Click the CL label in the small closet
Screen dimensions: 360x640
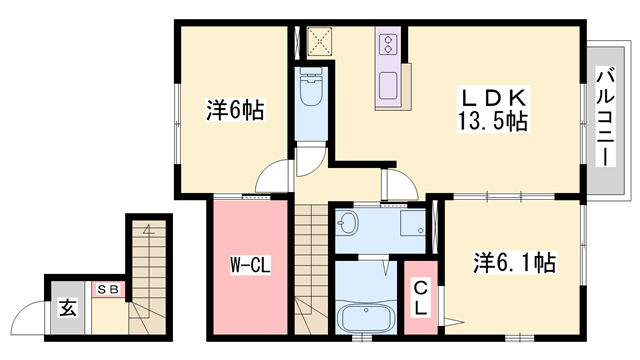coord(420,299)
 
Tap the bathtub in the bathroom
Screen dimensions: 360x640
coord(365,318)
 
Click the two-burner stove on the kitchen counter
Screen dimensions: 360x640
coord(388,44)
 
